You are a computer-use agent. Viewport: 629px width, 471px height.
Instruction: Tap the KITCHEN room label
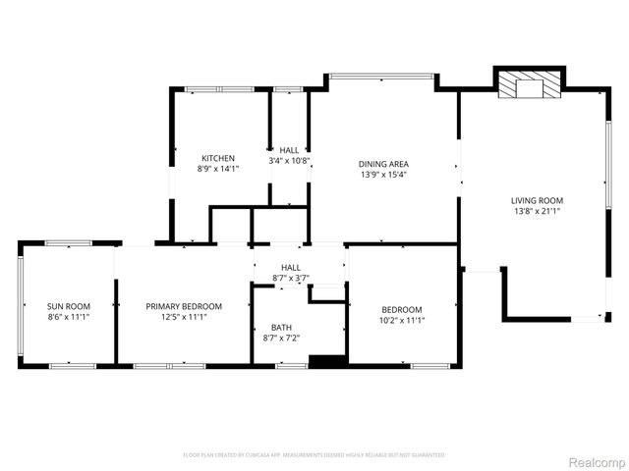[218, 158]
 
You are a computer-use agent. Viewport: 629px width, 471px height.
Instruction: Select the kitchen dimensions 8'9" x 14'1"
[218, 169]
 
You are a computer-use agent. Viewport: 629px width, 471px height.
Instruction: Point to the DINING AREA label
[383, 164]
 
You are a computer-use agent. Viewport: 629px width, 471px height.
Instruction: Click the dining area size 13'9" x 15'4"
[383, 175]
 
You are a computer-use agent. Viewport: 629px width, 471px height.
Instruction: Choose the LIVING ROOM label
[538, 200]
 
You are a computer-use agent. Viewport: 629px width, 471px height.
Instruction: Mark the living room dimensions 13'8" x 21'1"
[538, 211]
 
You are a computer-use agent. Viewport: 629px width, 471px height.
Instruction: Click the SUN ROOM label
[68, 306]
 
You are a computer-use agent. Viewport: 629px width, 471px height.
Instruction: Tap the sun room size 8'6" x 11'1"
[68, 317]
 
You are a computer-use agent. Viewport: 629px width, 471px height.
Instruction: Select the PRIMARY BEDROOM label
[184, 306]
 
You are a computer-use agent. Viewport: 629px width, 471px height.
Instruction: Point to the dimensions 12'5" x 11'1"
[184, 317]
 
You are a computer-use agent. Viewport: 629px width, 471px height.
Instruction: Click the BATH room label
[282, 327]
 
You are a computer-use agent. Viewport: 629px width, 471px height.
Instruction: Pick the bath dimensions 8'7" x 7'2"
[282, 338]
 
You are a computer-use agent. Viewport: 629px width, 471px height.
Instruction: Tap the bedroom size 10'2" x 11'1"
[402, 319]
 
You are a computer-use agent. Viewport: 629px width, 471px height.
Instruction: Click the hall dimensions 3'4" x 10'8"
[290, 160]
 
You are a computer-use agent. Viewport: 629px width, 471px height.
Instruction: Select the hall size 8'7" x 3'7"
[291, 278]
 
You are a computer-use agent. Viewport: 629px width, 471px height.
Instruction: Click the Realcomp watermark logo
[597, 462]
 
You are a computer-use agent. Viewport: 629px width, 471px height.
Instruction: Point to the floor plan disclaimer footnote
[314, 455]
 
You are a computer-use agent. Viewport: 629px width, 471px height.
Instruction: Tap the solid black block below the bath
[327, 361]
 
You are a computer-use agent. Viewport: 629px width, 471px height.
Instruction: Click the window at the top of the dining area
[381, 76]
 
